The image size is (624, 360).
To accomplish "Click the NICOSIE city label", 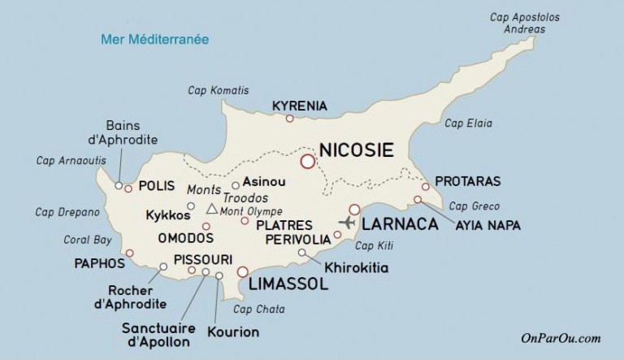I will pos(357,150).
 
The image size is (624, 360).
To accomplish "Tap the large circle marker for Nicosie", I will pos(308,162).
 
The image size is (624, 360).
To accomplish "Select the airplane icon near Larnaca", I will pos(347,223).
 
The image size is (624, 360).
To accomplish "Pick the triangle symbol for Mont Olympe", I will pos(211,210).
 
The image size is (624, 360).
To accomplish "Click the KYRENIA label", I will pos(299,106).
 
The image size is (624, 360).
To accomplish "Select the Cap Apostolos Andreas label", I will pos(526,22).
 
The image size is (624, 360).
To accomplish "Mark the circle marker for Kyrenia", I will pos(289,119).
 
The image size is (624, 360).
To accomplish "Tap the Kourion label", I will pos(232,332).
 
